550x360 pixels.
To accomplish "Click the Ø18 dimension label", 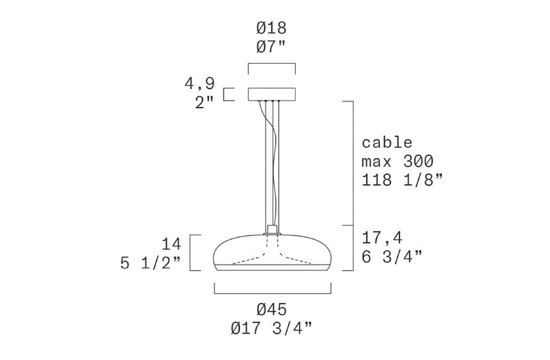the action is coord(272,28).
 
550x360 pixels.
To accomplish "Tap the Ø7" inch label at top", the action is coord(271,47).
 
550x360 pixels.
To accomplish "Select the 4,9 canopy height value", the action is coord(200,84).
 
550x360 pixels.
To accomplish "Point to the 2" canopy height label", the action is coord(205,102).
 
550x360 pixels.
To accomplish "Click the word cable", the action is coord(387,142).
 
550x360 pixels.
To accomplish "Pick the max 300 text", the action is coord(398,161).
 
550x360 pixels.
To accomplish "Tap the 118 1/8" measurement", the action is coord(402,180).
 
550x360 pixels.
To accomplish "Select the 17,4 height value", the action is coord(382,238).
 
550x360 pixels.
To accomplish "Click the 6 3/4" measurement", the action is coord(392,257).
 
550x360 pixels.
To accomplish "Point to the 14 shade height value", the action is coord(172,244).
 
